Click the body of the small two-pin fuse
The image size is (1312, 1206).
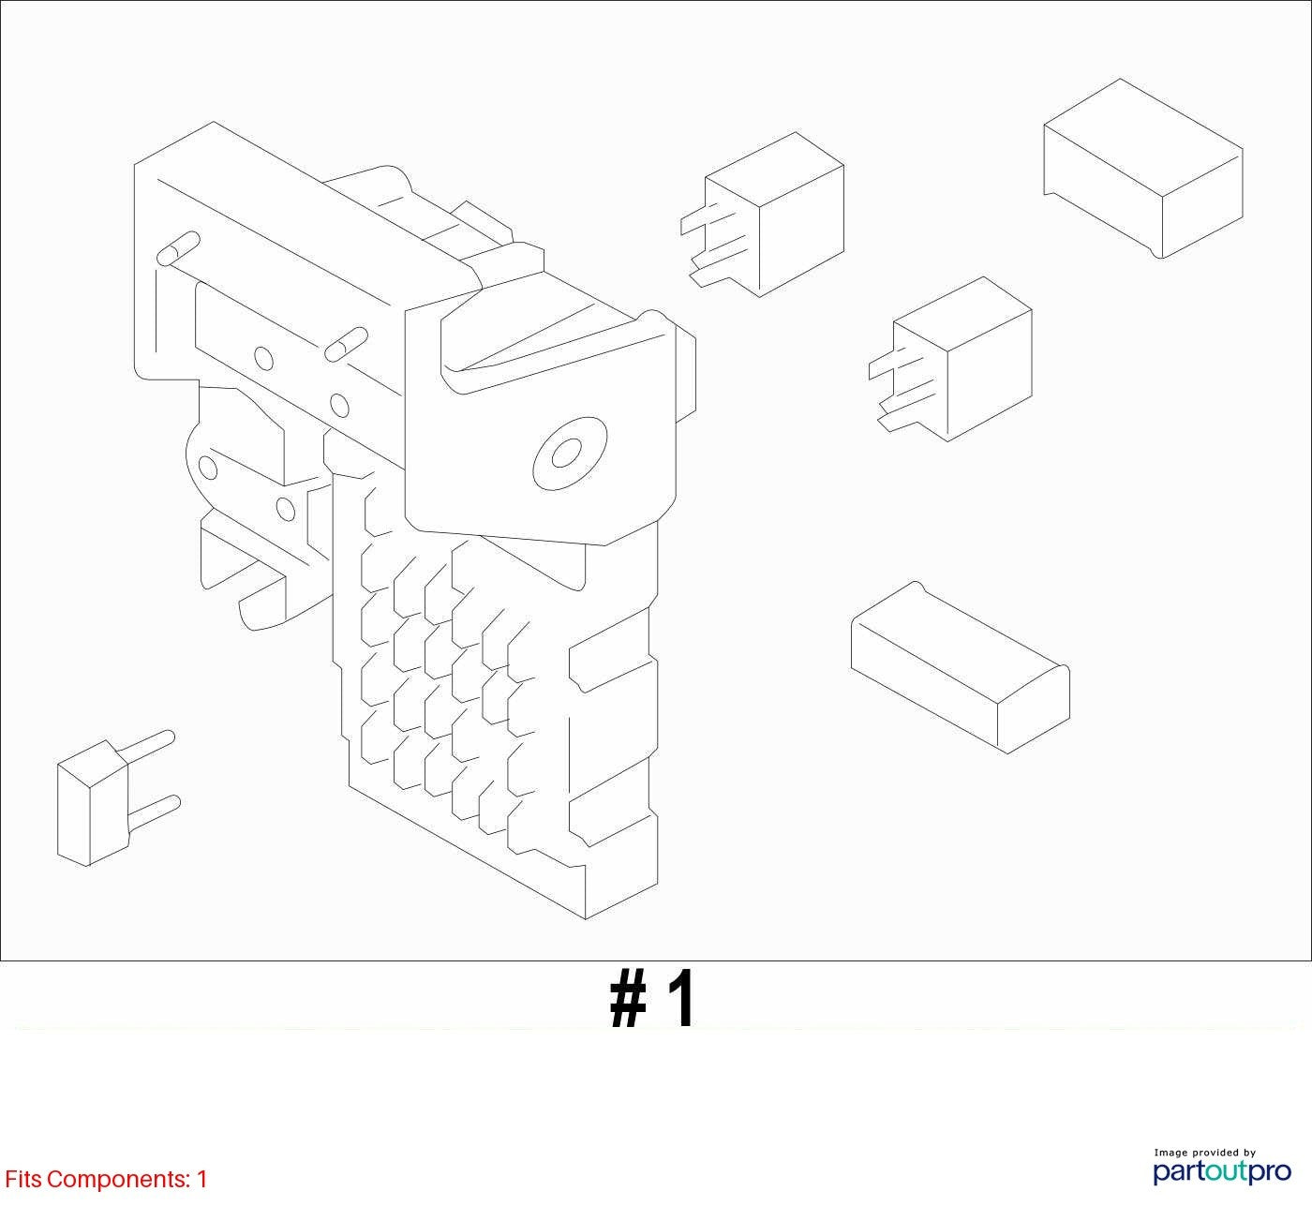[92, 803]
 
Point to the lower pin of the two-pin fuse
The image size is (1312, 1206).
[155, 810]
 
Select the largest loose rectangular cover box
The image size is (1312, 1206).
[1143, 169]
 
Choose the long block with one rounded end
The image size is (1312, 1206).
[961, 668]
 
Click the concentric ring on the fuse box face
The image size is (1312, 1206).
[570, 454]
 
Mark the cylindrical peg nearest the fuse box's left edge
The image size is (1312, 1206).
[179, 248]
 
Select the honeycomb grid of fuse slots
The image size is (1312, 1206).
[445, 680]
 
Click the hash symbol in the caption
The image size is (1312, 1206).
[628, 999]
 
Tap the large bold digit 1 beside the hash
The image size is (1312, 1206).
[681, 999]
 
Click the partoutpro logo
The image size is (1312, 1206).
[1222, 1171]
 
